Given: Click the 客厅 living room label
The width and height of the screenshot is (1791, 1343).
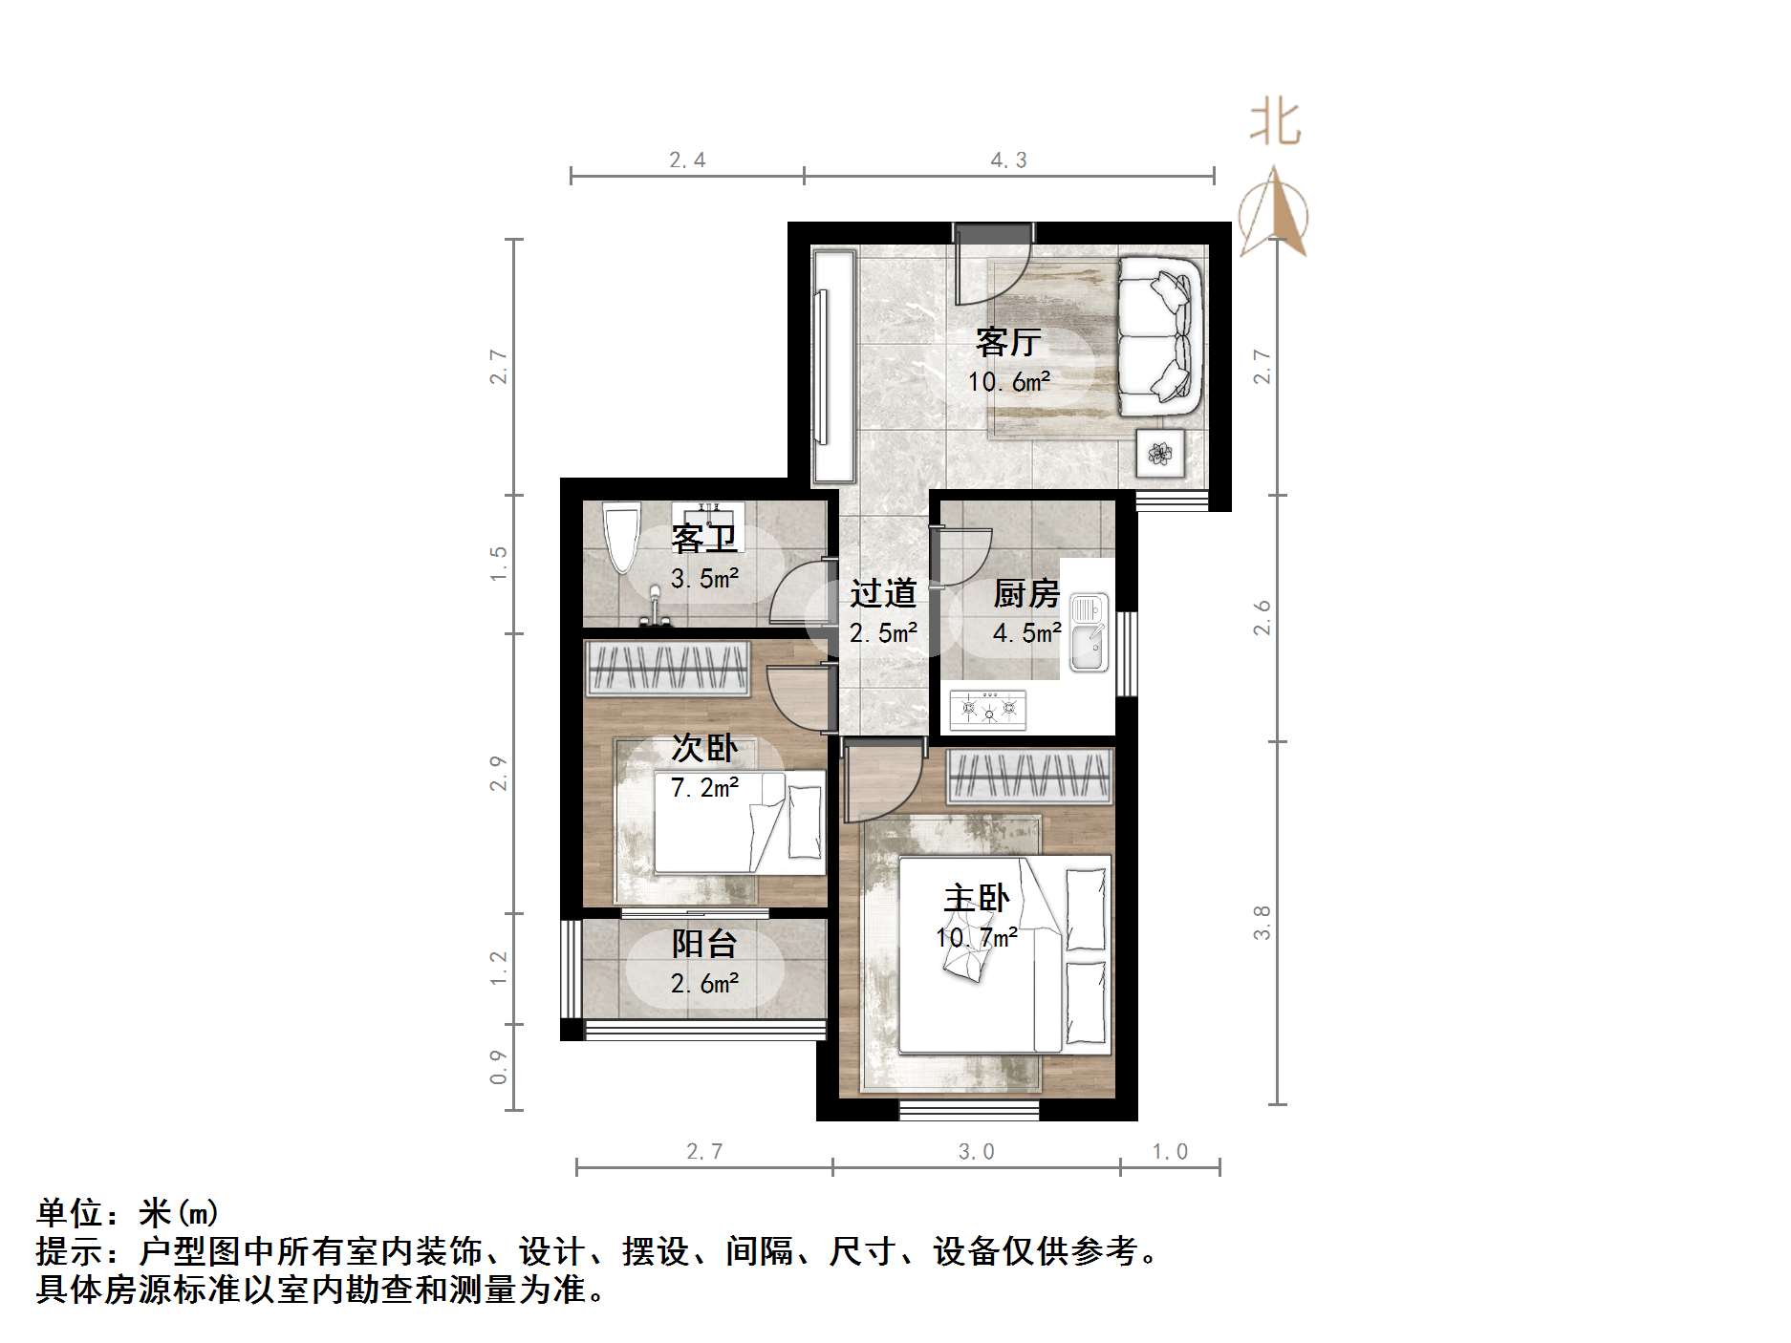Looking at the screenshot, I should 1007,342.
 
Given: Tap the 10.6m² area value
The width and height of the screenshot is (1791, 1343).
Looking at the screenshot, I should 1008,383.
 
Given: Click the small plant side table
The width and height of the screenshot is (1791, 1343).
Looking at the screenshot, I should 1160,453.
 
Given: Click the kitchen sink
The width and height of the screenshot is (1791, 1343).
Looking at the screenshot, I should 1088,631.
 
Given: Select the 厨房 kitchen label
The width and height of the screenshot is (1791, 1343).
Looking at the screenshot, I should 1026,594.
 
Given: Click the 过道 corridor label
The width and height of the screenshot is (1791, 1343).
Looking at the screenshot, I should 883,594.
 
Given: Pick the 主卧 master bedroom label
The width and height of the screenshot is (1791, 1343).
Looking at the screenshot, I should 976,899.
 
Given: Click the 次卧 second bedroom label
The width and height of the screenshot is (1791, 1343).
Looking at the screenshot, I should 704,748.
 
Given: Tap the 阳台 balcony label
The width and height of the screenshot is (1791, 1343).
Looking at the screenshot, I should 704,945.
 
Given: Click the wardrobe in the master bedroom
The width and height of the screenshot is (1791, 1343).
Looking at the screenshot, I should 1030,776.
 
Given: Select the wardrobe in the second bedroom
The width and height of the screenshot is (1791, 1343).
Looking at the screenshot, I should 667,668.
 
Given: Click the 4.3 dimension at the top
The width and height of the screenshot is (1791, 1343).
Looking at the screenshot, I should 1008,160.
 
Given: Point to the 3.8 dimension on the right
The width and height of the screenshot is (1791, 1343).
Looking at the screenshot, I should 1262,923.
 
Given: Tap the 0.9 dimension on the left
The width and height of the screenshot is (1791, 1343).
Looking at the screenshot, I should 498,1067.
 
